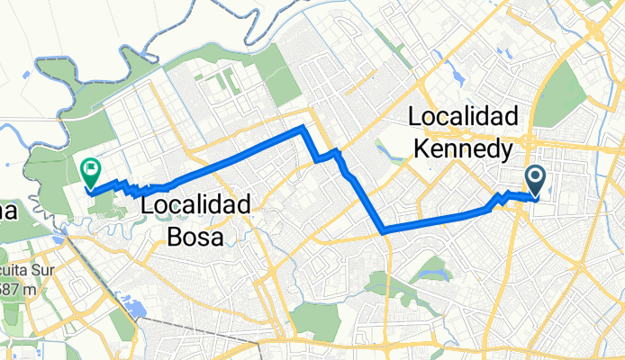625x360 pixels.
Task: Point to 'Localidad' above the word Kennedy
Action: [464, 117]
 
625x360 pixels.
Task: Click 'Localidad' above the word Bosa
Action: [195, 206]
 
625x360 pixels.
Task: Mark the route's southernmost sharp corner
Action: [385, 231]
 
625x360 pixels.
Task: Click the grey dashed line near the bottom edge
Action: [180, 325]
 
